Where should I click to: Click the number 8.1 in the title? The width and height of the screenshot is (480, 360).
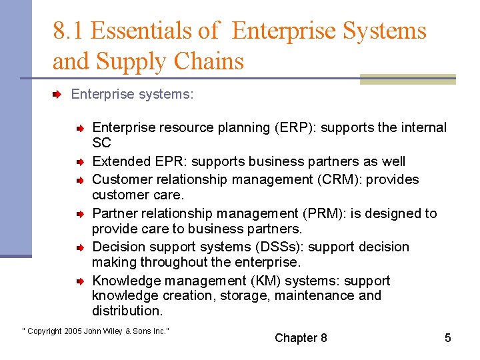pyautogui.click(x=69, y=31)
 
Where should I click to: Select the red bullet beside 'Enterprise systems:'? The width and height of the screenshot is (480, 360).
pyautogui.click(x=58, y=95)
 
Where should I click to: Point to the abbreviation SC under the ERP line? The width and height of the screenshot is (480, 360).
pyautogui.click(x=101, y=143)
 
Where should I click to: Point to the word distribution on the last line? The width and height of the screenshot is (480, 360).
pyautogui.click(x=126, y=311)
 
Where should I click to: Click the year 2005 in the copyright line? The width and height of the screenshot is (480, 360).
pyautogui.click(x=73, y=331)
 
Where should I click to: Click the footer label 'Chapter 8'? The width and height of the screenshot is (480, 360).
pyautogui.click(x=301, y=338)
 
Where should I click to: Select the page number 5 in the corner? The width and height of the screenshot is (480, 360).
pyautogui.click(x=448, y=338)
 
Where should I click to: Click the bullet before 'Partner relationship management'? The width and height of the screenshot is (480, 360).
pyautogui.click(x=79, y=214)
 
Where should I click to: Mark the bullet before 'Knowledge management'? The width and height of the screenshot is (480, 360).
pyautogui.click(x=79, y=281)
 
